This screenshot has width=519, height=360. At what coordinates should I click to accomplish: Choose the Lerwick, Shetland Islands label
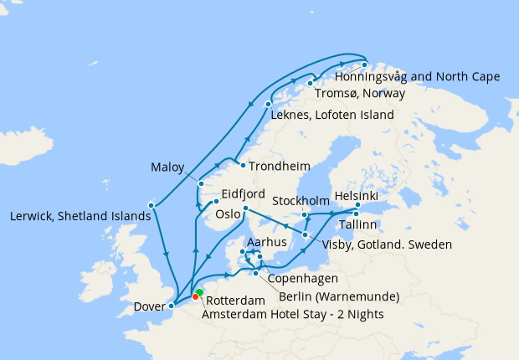80,215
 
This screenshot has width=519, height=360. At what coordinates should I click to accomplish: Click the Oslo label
228,213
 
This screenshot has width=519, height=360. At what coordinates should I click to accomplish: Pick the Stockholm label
301,201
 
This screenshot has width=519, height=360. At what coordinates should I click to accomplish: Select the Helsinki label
356,195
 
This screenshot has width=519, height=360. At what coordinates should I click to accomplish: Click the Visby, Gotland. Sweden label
387,245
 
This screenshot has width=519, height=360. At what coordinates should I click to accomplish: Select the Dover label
149,306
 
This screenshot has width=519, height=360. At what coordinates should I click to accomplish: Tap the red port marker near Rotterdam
195,296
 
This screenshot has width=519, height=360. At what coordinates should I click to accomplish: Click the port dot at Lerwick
152,204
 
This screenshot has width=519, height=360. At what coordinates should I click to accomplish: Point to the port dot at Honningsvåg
364,65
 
